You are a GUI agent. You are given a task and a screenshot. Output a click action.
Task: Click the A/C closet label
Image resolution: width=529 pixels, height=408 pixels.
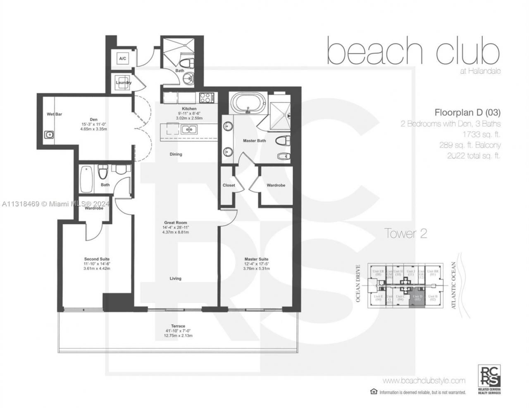(123, 59)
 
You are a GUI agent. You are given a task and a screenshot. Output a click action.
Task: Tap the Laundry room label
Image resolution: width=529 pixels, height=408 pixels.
(124, 83)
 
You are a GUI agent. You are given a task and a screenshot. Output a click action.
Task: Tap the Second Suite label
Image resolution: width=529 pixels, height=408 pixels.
(97, 259)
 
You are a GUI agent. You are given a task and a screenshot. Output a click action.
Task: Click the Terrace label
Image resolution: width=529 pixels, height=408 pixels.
(178, 326)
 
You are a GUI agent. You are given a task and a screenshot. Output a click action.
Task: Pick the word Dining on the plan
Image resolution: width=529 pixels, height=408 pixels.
(176, 154)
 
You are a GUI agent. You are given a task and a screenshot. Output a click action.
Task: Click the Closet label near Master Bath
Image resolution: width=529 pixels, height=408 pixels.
(229, 185)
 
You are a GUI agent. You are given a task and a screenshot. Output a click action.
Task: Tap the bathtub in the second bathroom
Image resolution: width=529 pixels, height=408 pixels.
(87, 179)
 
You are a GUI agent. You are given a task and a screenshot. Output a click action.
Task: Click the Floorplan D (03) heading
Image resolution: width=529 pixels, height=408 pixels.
(467, 112)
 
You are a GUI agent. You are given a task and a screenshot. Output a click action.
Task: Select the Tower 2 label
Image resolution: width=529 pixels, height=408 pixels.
(405, 233)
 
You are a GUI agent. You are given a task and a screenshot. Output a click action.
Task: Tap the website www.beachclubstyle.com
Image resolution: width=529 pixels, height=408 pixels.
(424, 380)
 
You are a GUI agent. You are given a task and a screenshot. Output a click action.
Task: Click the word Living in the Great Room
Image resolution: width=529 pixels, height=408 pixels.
(175, 278)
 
